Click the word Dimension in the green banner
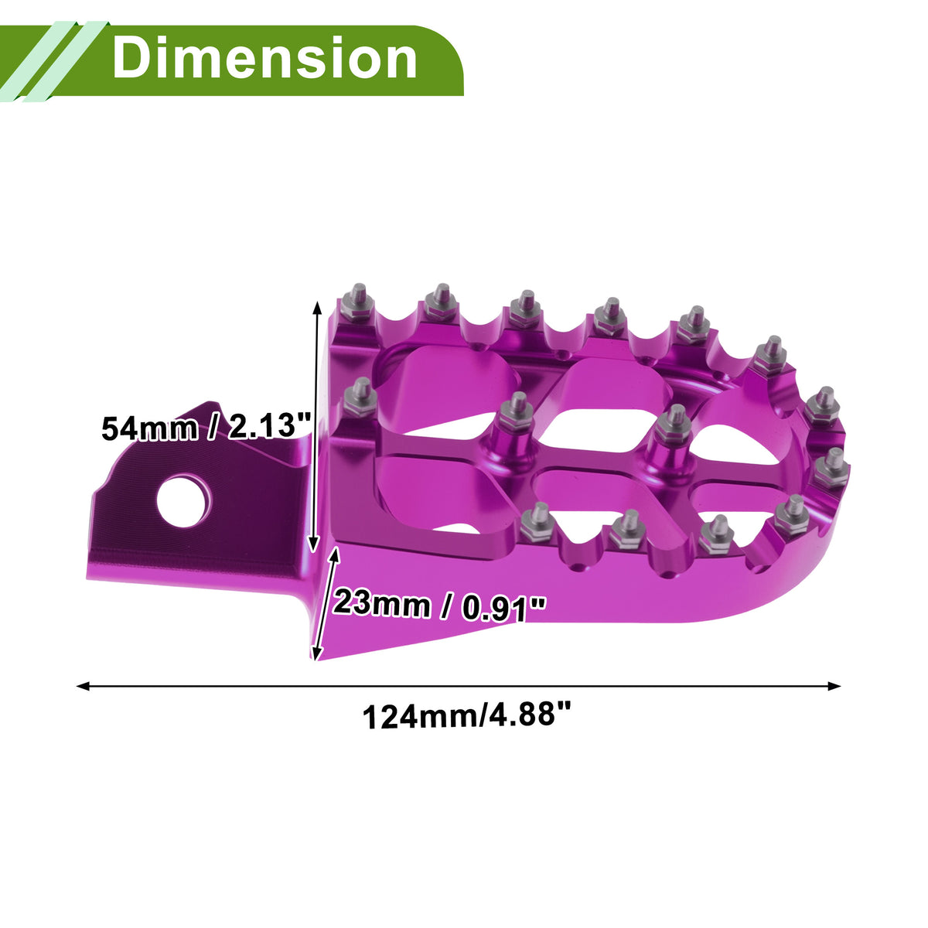265,58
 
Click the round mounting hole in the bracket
183,501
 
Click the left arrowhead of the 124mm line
84,686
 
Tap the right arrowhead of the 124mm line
834,686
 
